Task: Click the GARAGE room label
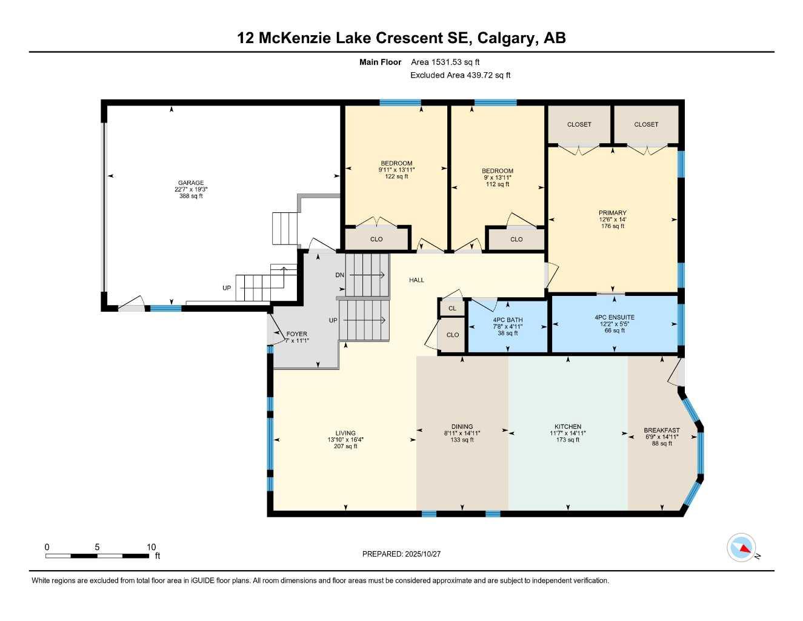(191, 183)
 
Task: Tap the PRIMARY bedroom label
(612, 213)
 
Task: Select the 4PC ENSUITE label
(615, 317)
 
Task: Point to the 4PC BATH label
(507, 320)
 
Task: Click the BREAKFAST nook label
(661, 430)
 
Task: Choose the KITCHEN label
(567, 426)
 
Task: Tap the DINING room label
(462, 426)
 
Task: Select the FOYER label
(296, 334)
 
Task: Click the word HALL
(416, 280)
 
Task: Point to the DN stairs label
(339, 275)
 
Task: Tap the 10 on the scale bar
(151, 547)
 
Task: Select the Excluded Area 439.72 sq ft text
(460, 75)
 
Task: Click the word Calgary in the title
(506, 38)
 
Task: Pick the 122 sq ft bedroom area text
(396, 176)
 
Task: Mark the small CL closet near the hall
(452, 308)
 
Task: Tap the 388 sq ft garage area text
(191, 196)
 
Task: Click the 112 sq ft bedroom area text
(498, 184)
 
